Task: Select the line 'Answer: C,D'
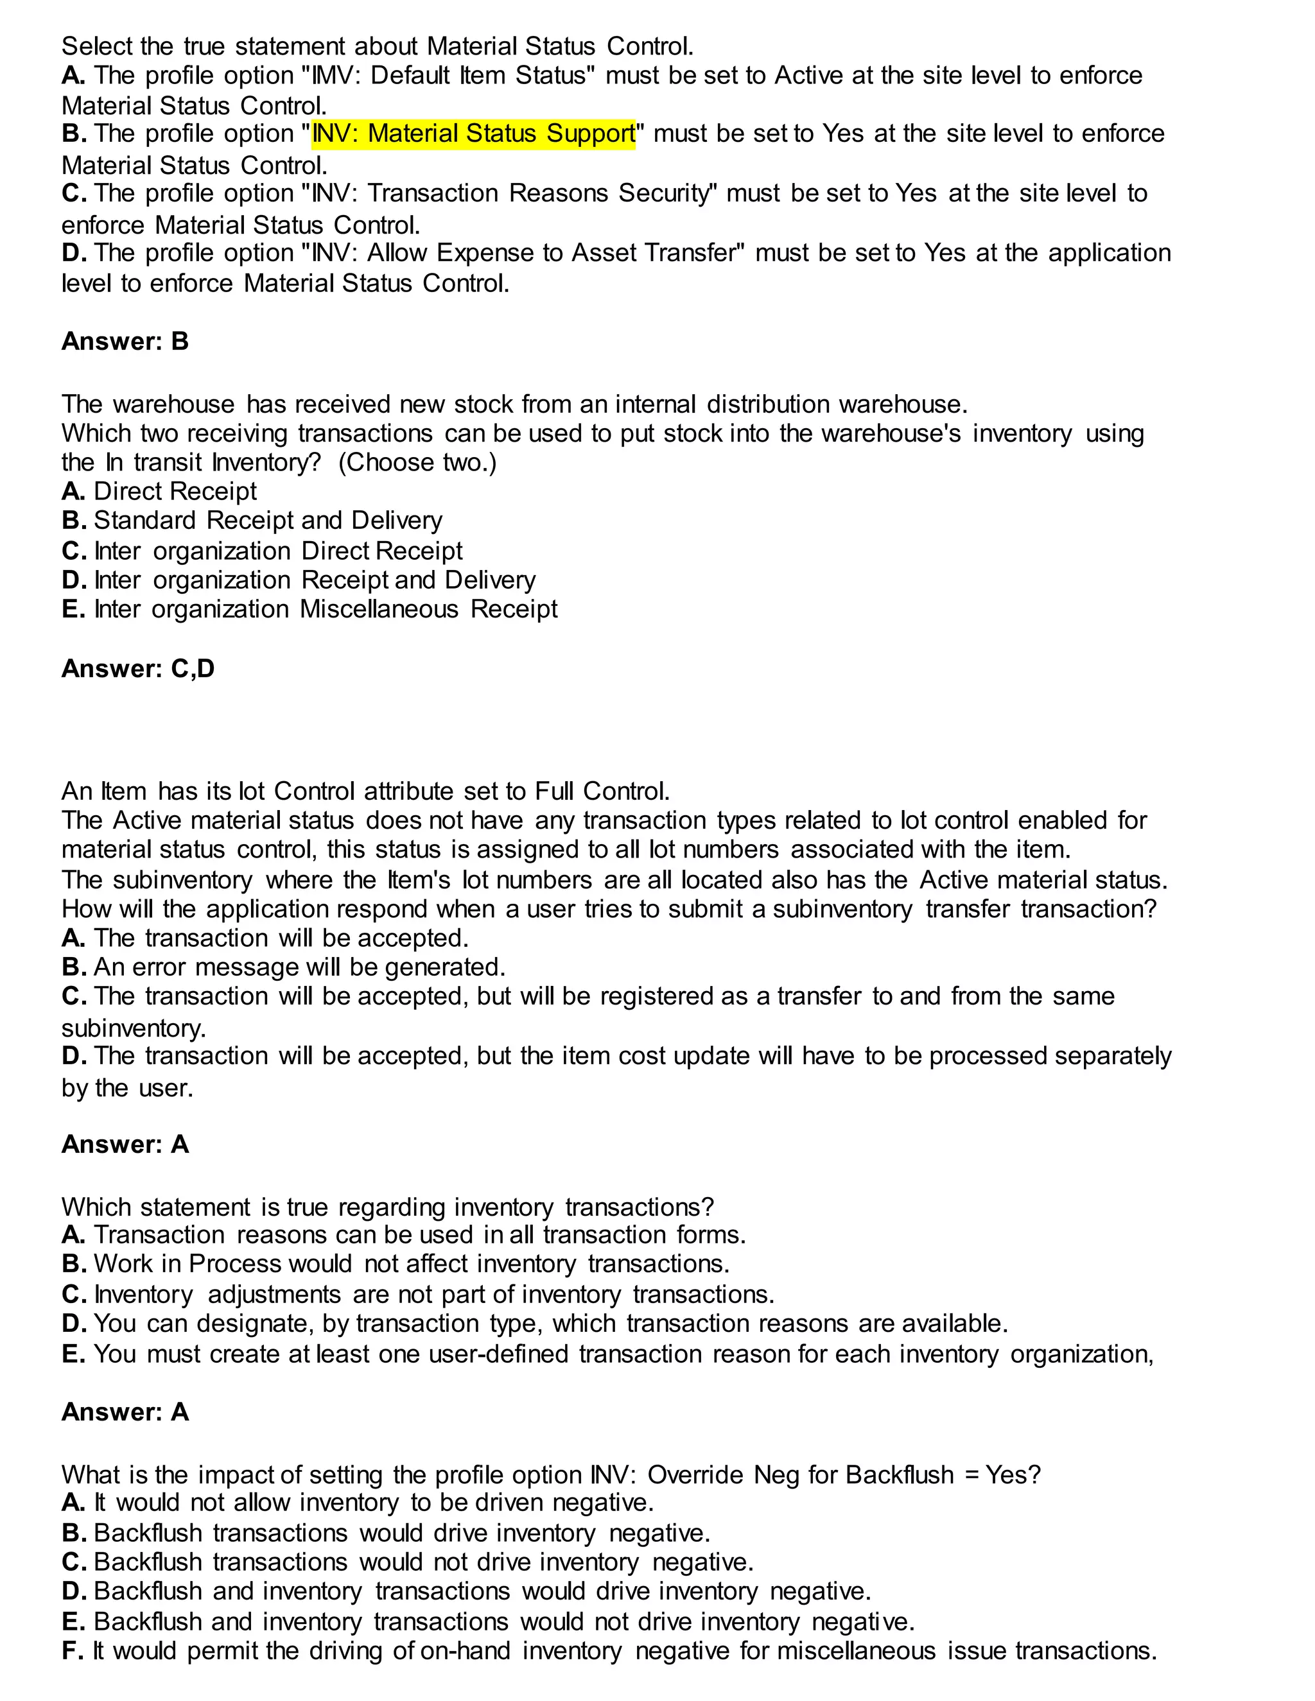[x=138, y=668]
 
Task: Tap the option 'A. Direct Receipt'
[x=159, y=492]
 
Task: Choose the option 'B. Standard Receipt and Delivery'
[x=252, y=521]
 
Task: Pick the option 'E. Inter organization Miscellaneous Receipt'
[x=309, y=609]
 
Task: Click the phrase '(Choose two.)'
[x=417, y=463]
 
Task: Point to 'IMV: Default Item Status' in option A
[x=453, y=76]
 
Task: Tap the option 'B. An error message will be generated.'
[x=284, y=967]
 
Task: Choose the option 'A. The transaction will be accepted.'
[x=265, y=938]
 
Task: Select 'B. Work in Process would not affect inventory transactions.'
[x=396, y=1263]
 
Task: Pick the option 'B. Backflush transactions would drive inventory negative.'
[x=387, y=1533]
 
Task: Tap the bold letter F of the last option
[x=72, y=1650]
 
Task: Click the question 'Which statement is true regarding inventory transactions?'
[x=387, y=1207]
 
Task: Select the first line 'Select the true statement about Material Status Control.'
[x=377, y=47]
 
